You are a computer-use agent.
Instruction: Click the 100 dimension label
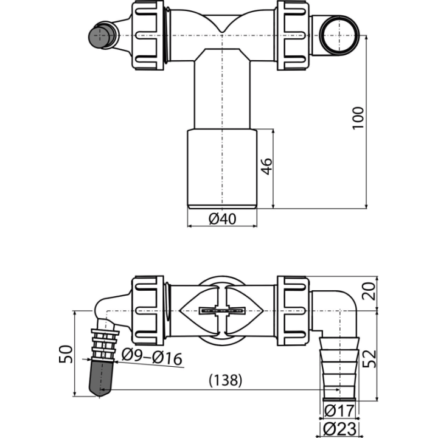358,118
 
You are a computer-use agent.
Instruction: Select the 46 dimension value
267,166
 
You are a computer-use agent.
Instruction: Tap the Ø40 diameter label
223,219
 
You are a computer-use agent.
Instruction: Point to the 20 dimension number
369,291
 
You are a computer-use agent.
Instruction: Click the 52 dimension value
369,359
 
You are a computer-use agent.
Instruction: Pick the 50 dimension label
66,354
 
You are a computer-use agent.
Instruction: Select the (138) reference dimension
226,380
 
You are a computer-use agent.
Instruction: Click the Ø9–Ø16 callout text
152,358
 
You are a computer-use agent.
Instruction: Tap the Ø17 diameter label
339,411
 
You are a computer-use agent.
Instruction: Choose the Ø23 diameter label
339,429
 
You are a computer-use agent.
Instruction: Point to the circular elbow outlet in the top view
339,35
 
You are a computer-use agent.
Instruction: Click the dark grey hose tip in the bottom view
100,378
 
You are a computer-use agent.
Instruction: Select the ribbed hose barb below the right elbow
339,369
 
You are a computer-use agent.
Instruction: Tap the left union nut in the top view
147,35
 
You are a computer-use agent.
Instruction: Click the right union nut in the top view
293,35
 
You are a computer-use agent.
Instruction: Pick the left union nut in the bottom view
147,311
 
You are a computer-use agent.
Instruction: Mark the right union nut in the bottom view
293,311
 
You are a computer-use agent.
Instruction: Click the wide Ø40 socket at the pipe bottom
222,169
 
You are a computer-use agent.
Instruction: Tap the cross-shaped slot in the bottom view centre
222,311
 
